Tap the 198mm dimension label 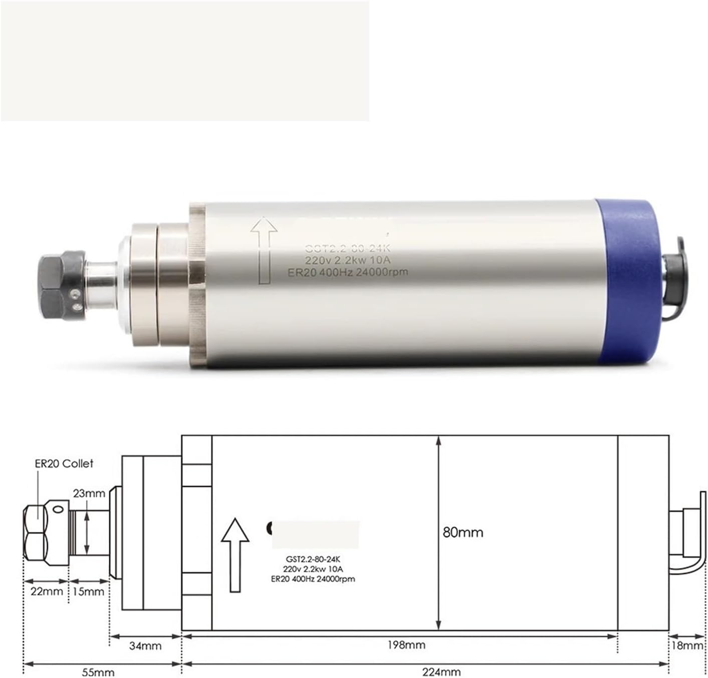pyautogui.click(x=406, y=645)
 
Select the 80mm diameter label pyautogui.click(x=463, y=532)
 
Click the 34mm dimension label pyautogui.click(x=145, y=646)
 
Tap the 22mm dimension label pyautogui.click(x=47, y=591)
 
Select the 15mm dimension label pyautogui.click(x=89, y=591)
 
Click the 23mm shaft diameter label pyautogui.click(x=89, y=493)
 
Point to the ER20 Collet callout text pyautogui.click(x=64, y=464)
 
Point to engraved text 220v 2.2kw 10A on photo pyautogui.click(x=348, y=260)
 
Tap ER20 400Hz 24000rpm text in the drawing pyautogui.click(x=313, y=579)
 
